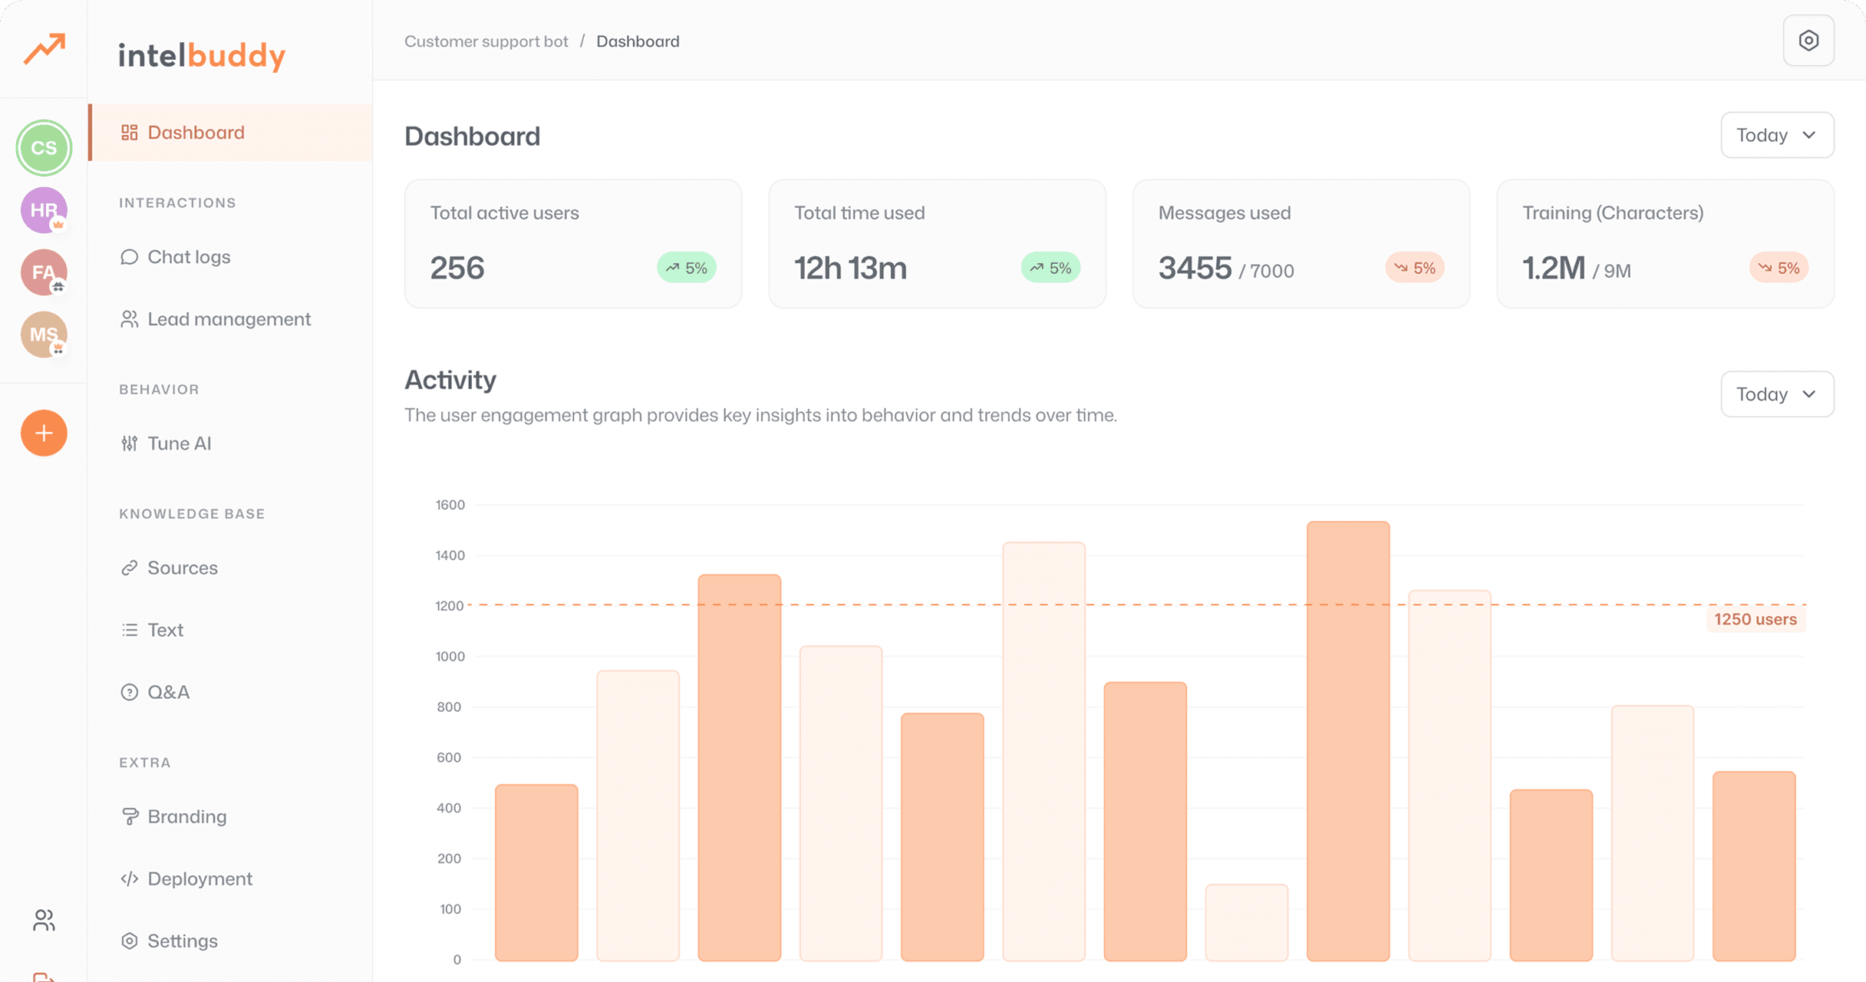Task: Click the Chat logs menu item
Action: (188, 257)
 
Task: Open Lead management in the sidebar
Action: (229, 319)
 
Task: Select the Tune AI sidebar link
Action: (179, 443)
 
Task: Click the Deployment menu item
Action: (199, 878)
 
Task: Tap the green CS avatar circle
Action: (44, 147)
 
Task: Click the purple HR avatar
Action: (44, 209)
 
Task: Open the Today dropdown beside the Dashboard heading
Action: (1777, 135)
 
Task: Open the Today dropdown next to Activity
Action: (1777, 394)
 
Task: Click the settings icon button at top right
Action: (1808, 41)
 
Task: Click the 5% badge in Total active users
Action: (687, 268)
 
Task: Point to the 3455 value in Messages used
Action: (1195, 269)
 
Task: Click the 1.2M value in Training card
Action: (1553, 269)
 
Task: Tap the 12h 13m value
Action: (850, 269)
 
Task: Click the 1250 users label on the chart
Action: (1755, 619)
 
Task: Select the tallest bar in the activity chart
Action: (1348, 740)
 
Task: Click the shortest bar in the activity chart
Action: (1246, 922)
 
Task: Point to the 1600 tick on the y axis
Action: (450, 505)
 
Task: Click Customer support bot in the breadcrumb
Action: (486, 41)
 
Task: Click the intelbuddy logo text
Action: (202, 55)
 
